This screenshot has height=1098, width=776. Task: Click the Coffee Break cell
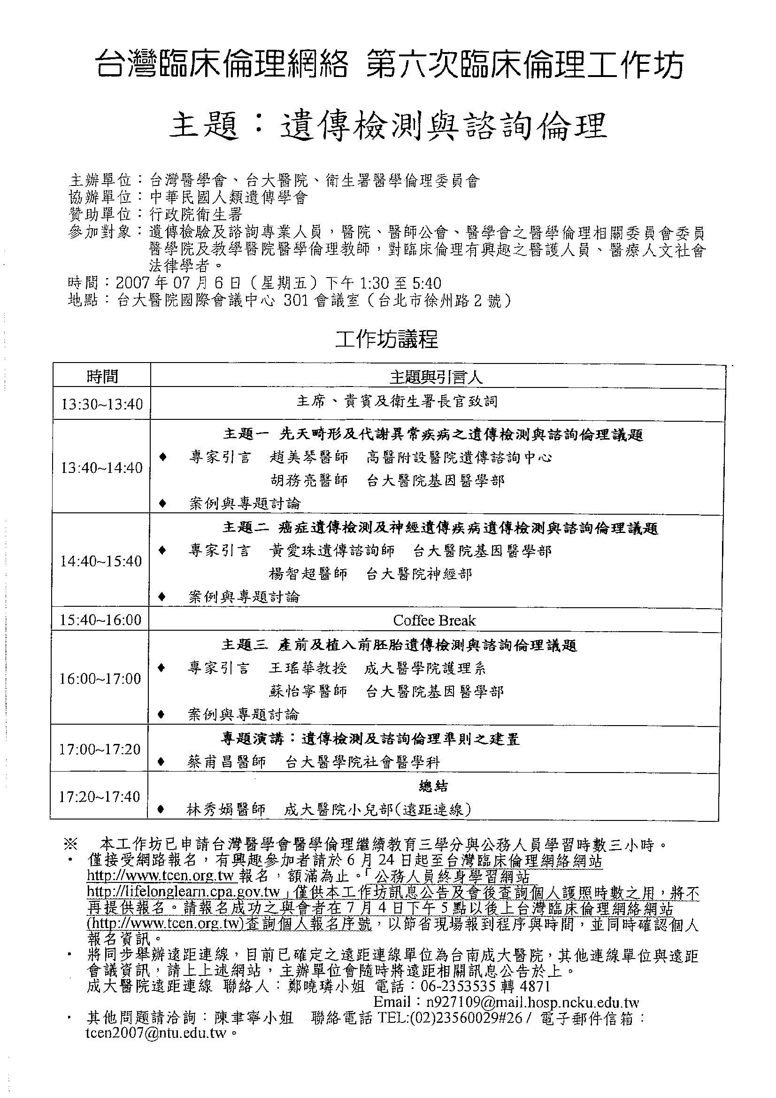tap(434, 620)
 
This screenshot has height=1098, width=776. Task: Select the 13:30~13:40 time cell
tap(102, 404)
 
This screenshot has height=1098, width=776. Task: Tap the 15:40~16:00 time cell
tap(100, 620)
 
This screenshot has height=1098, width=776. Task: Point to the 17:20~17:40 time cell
tap(100, 796)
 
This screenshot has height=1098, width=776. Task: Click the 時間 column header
tap(102, 377)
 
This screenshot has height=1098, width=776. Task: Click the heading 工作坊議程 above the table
tap(386, 340)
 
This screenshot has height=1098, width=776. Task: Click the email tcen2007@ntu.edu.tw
tap(156, 1033)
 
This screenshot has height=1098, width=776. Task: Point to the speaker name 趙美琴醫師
tap(309, 458)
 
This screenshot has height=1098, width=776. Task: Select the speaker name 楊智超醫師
tap(308, 573)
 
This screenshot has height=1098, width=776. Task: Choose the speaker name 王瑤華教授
tap(307, 668)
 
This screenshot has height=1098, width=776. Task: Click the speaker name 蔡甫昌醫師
tap(226, 762)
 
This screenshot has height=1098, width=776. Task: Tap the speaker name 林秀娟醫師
tap(226, 809)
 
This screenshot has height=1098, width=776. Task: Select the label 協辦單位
tap(100, 197)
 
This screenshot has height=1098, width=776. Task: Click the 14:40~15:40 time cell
tap(101, 561)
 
